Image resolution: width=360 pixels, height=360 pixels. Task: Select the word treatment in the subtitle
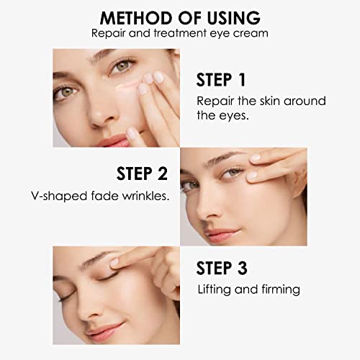[x=180, y=33]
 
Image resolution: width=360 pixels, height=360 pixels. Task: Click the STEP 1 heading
[x=221, y=80]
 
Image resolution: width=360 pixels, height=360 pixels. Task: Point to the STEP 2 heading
[x=142, y=174]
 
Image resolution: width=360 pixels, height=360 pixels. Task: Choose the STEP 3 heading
[x=222, y=268]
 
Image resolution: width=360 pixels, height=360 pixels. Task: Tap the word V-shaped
[x=59, y=197]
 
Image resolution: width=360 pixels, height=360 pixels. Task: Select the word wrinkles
[x=146, y=196]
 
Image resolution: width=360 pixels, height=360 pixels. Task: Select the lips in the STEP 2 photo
[x=221, y=235]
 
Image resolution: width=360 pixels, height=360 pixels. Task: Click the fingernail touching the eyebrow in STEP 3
[x=114, y=262]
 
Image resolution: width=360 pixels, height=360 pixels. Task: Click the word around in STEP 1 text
[x=305, y=101]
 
